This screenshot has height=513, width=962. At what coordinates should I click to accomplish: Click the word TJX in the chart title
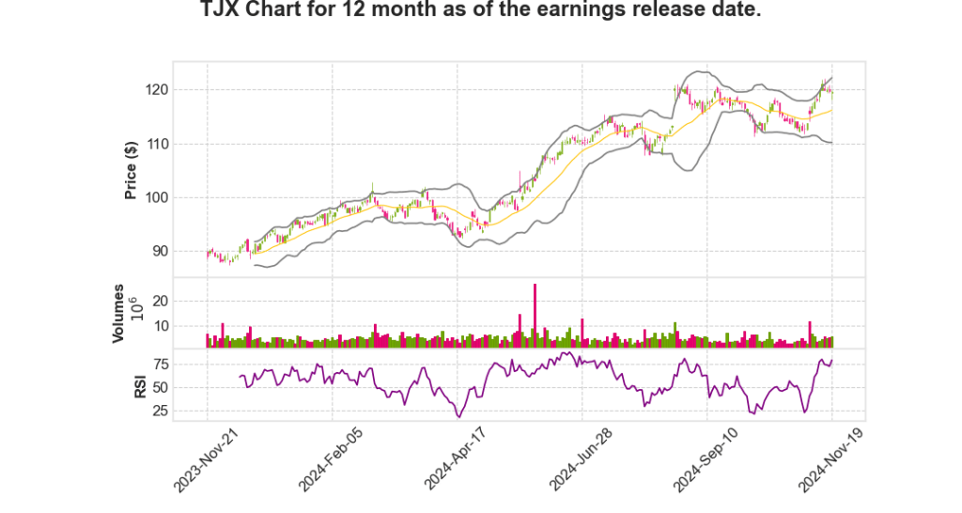point(222,12)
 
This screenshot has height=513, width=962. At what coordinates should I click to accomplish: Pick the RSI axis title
point(139,385)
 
